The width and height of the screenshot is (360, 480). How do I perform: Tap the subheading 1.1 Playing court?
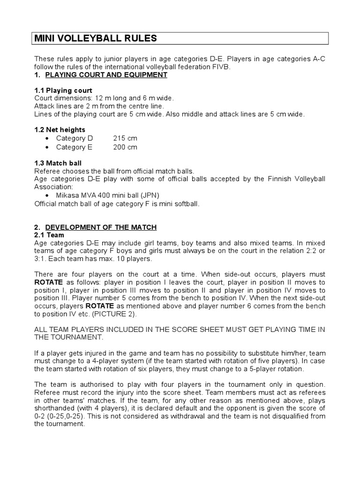[63, 90]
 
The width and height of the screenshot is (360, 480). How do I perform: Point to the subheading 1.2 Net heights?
[60, 129]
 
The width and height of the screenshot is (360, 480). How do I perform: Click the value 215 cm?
[125, 138]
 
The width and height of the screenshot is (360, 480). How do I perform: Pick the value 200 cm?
[125, 147]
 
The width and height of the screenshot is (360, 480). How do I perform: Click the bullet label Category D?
[75, 138]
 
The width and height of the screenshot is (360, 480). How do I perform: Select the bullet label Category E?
[75, 147]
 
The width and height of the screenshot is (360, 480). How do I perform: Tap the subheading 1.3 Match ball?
[58, 163]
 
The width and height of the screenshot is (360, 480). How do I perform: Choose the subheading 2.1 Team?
[49, 235]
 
